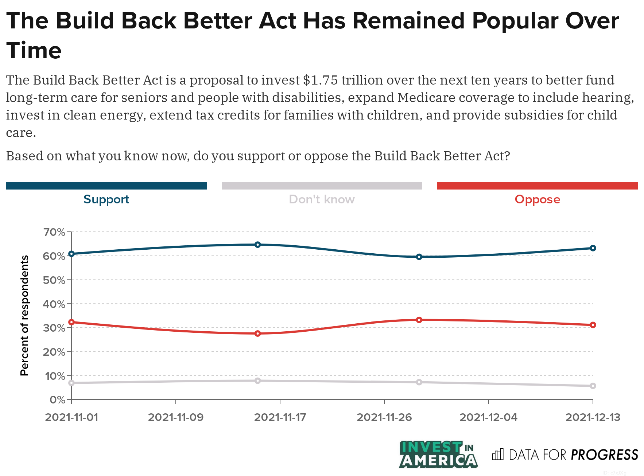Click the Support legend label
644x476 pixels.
[106, 199]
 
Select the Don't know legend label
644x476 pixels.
[322, 199]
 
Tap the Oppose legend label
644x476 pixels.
[537, 199]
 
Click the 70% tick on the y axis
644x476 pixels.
[54, 232]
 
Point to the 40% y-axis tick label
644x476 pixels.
[54, 304]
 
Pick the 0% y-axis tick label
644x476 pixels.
[57, 400]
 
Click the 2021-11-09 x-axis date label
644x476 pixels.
[176, 417]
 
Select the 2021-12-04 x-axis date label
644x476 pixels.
[488, 417]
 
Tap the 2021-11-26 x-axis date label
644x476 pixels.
[384, 417]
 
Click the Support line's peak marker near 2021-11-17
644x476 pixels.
[258, 245]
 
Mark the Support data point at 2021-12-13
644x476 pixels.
[593, 248]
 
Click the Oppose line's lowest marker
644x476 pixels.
[258, 333]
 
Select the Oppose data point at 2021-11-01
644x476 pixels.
[71, 322]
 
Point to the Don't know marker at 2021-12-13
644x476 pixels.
[593, 386]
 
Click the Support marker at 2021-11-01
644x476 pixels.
[71, 254]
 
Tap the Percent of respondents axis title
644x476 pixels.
[24, 315]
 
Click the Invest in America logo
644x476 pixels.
[438, 454]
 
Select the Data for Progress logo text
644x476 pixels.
[573, 455]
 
